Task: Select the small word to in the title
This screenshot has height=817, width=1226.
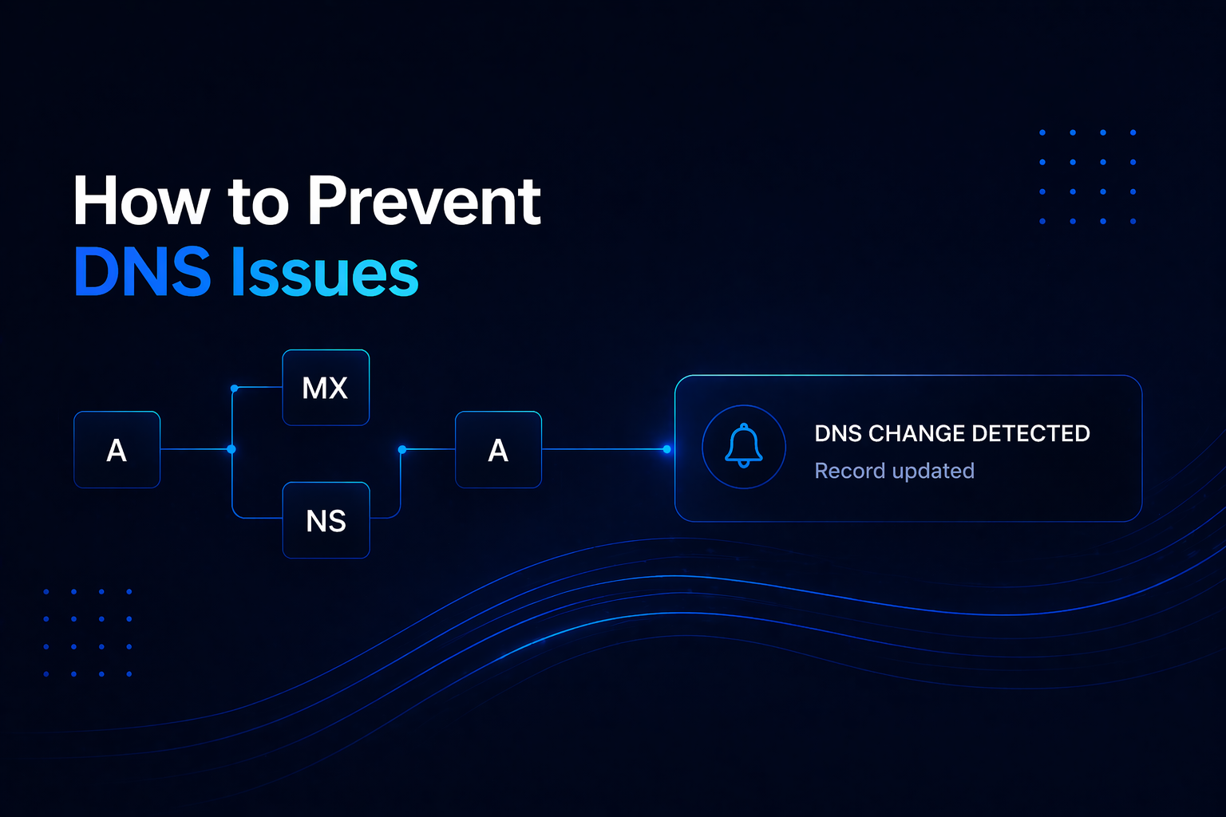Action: (x=258, y=203)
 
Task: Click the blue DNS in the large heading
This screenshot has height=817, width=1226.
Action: (x=142, y=272)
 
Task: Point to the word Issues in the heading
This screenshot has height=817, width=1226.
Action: (x=325, y=272)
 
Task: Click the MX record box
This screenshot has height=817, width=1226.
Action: (x=326, y=388)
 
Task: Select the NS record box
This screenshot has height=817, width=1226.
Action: (x=326, y=520)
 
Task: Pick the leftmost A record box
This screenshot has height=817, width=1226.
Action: (x=117, y=450)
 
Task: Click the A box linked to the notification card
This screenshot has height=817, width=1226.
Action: (x=498, y=450)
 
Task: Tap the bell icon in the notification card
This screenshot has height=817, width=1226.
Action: (x=743, y=446)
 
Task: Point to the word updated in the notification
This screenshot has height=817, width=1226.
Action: (x=934, y=471)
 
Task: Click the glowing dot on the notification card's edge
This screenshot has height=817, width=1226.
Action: (x=667, y=449)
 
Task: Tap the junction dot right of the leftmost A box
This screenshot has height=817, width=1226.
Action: (x=231, y=449)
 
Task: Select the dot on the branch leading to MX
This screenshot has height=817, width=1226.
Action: (x=234, y=389)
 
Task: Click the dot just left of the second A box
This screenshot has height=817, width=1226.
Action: (x=402, y=450)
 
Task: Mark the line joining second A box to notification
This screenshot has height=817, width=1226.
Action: (x=604, y=449)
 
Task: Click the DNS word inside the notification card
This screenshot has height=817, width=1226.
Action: (x=838, y=433)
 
